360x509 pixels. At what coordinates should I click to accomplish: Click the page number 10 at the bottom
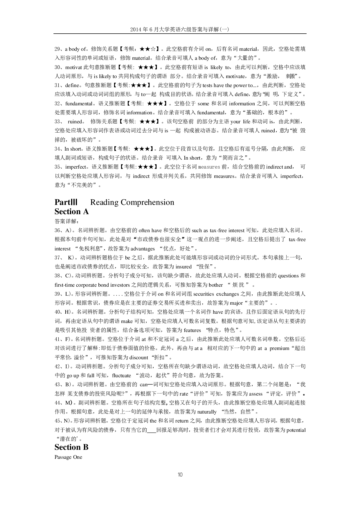(x=180, y=475)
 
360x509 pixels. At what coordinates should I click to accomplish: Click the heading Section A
(x=71, y=212)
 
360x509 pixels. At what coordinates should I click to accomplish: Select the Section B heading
(x=71, y=447)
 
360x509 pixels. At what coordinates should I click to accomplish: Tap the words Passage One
(x=68, y=457)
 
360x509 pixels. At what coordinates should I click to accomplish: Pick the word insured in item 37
(x=184, y=267)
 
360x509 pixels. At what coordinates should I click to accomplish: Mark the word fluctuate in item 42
(x=121, y=376)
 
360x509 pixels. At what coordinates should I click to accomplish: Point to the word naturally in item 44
(x=207, y=412)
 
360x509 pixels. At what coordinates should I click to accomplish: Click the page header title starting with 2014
(x=180, y=29)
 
